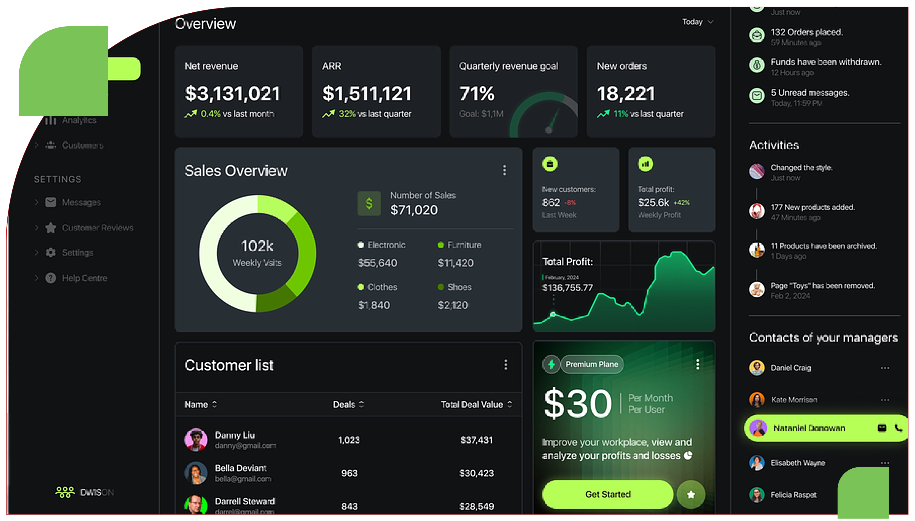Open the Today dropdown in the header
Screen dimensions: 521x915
(x=697, y=22)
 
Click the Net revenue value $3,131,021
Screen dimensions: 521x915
(x=232, y=94)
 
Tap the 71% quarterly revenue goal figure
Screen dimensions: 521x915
(x=477, y=94)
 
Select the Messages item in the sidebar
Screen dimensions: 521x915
(x=81, y=202)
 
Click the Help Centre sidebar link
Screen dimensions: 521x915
(x=84, y=278)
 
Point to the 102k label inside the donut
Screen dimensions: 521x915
(x=257, y=246)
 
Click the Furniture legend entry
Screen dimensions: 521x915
(x=464, y=245)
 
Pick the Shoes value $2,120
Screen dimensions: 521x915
(x=452, y=305)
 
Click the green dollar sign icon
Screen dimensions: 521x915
(x=369, y=203)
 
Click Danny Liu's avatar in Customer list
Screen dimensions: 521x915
(x=196, y=440)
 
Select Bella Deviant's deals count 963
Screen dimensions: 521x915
(x=349, y=473)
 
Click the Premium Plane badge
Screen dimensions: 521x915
(x=591, y=364)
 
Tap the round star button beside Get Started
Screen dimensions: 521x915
(x=690, y=494)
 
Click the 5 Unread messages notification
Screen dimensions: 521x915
(x=810, y=93)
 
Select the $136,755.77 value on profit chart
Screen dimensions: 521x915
(x=567, y=288)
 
